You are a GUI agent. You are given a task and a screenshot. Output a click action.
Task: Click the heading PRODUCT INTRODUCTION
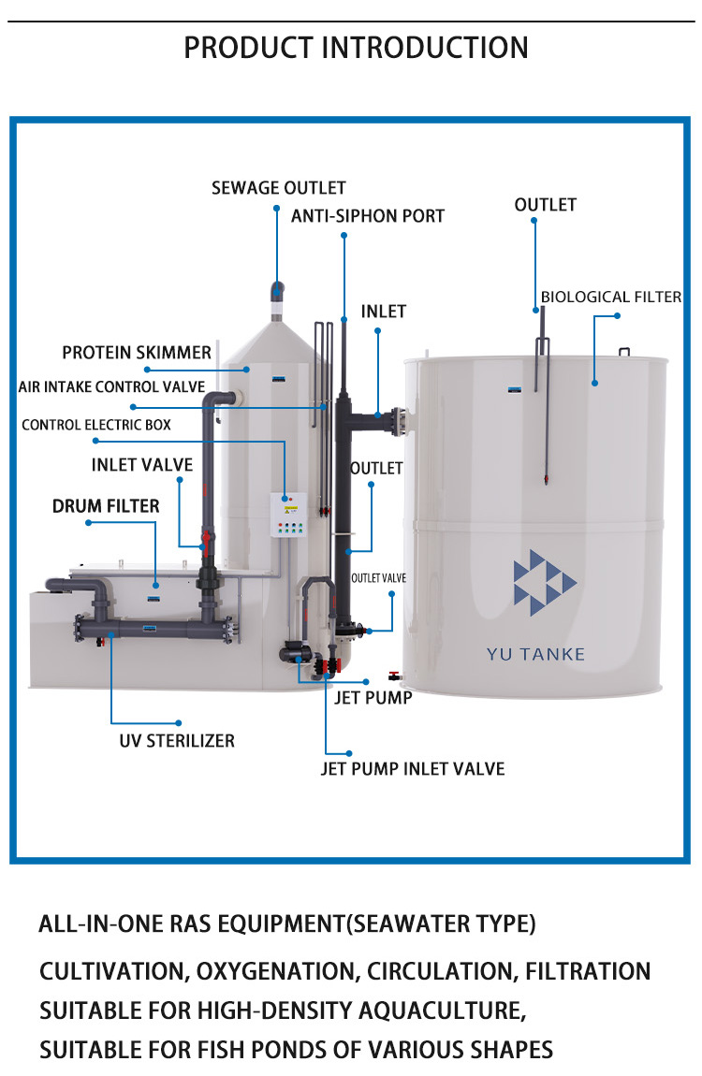click(356, 47)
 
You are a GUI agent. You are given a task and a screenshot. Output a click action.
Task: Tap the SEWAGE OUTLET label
click(278, 188)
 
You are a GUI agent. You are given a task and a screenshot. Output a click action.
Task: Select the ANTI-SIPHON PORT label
click(368, 216)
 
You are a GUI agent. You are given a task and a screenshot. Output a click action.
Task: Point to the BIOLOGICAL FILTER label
click(611, 298)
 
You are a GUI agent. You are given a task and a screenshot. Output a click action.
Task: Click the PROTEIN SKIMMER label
click(137, 353)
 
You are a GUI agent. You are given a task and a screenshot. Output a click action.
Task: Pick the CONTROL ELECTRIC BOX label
click(96, 425)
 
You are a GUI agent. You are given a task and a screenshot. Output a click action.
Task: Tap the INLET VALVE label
click(142, 464)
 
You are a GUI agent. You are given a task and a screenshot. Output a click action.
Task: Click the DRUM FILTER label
click(106, 506)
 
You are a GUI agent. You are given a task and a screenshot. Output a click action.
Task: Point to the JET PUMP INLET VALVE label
click(413, 769)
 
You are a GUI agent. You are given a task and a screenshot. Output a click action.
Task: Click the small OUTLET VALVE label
click(378, 578)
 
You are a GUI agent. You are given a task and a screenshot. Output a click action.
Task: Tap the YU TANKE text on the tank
click(535, 654)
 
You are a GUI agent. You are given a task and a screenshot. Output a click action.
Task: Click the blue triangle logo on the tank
click(543, 583)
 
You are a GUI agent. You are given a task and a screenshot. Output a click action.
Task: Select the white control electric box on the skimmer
click(288, 515)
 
